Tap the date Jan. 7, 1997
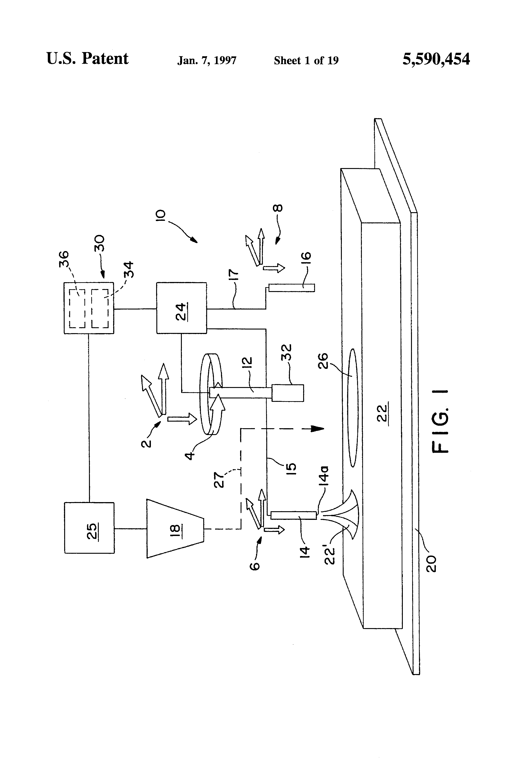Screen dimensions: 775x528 pyautogui.click(x=207, y=60)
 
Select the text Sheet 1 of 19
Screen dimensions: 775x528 pyautogui.click(x=306, y=60)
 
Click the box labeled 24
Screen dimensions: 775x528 pyautogui.click(x=181, y=308)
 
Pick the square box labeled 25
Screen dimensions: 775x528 pyautogui.click(x=89, y=528)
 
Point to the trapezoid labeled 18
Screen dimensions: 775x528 pyautogui.click(x=175, y=528)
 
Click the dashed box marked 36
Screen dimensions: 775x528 pyautogui.click(x=77, y=308)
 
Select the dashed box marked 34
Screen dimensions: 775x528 pyautogui.click(x=100, y=308)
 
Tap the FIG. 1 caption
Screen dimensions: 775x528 pyautogui.click(x=441, y=422)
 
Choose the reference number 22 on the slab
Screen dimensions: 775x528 pyautogui.click(x=383, y=413)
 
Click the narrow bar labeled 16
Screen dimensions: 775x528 pyautogui.click(x=291, y=287)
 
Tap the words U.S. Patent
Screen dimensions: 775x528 pyautogui.click(x=87, y=59)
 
